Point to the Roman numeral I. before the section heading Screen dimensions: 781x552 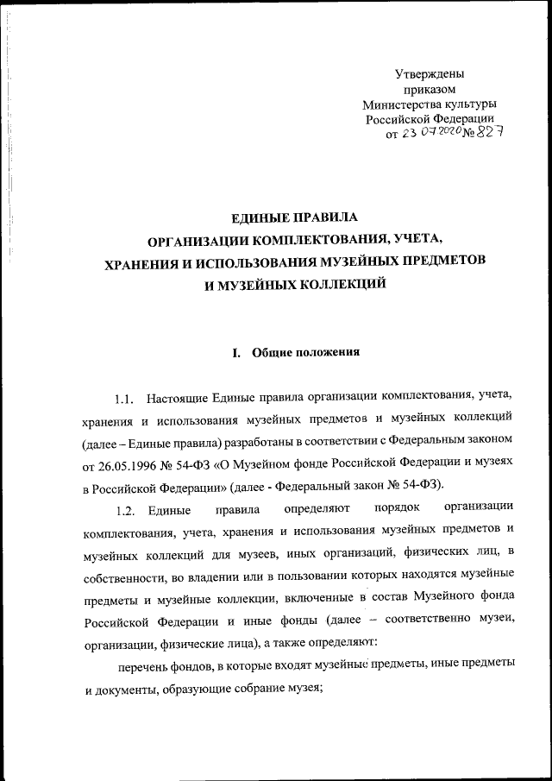(x=237, y=352)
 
